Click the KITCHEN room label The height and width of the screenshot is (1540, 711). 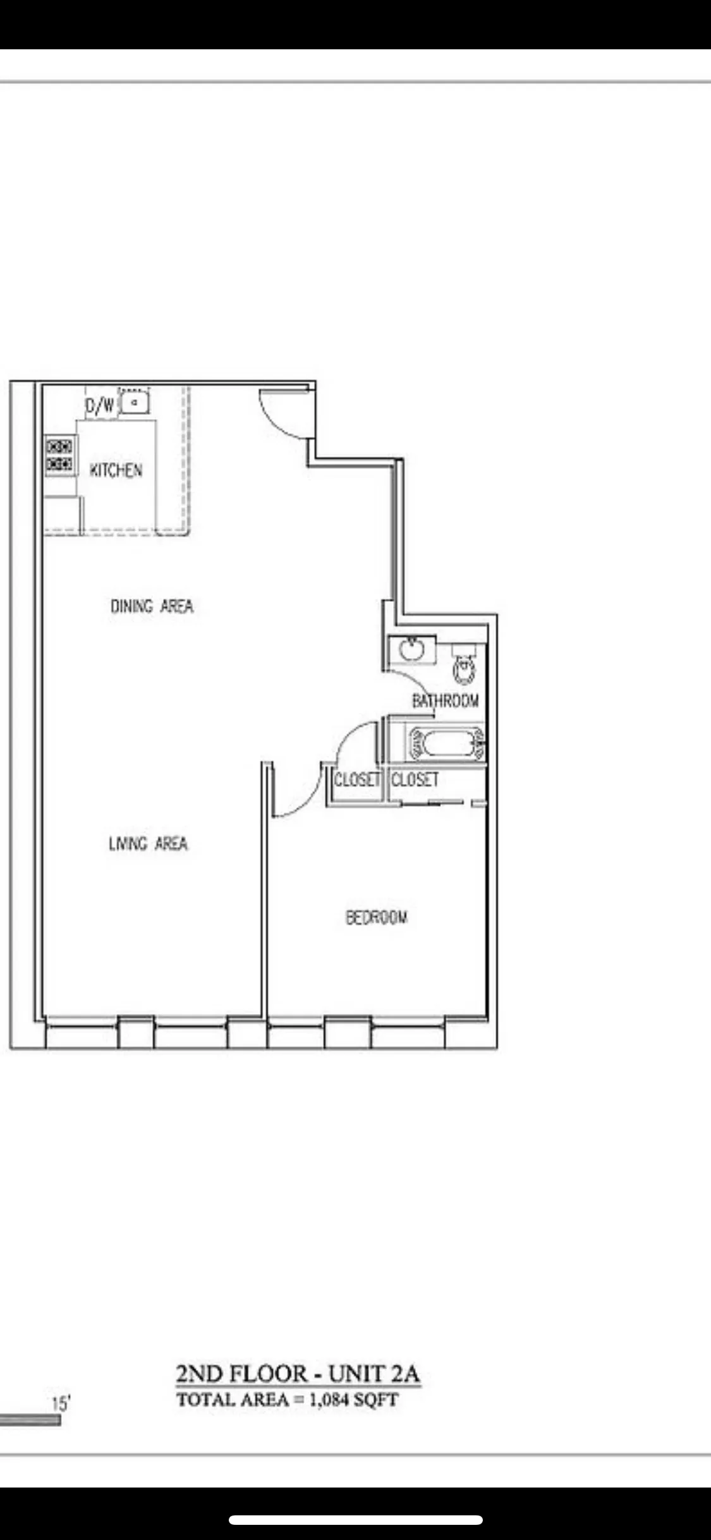point(116,470)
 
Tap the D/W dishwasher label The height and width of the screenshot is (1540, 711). point(100,405)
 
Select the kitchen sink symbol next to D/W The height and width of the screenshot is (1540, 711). point(134,402)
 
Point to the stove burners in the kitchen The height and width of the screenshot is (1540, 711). point(59,455)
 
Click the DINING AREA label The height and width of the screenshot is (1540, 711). point(152,606)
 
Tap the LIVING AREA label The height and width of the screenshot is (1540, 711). point(148,843)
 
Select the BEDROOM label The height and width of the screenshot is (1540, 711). point(376,917)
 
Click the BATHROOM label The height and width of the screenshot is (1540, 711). point(445,700)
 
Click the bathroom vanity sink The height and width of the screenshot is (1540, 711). point(411,649)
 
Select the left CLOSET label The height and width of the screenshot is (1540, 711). point(356,779)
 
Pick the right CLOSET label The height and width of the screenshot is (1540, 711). point(415,779)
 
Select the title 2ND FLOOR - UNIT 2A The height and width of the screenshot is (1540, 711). point(297,1374)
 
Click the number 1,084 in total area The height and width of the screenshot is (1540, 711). point(328,1400)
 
